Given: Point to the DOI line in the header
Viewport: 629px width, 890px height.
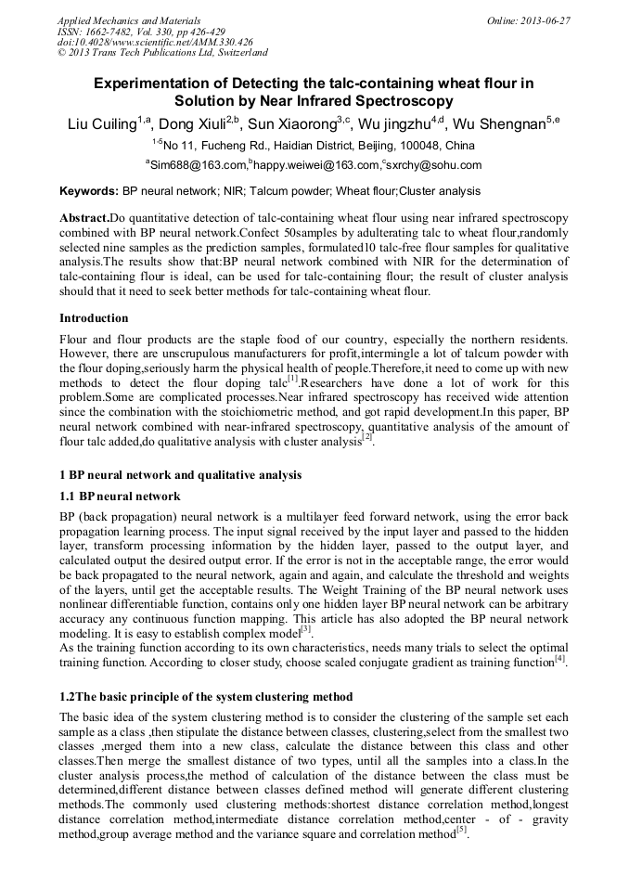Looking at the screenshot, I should click(x=155, y=43).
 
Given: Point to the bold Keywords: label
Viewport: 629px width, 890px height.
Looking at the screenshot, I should click(x=88, y=192).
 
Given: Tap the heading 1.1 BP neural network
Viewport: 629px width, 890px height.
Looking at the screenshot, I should click(x=120, y=497).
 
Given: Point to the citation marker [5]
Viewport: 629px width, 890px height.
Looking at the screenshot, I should click(x=461, y=831).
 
